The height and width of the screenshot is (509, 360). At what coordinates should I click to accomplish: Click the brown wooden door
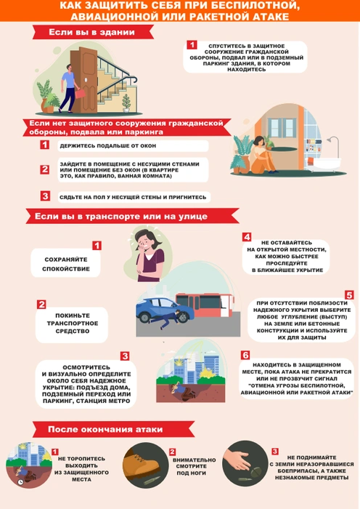click(x=84, y=79)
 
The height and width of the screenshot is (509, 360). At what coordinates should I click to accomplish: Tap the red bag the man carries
click(x=80, y=94)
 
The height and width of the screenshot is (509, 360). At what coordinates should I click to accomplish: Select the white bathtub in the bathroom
click(x=324, y=164)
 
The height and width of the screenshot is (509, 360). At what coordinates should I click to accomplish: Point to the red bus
click(x=205, y=305)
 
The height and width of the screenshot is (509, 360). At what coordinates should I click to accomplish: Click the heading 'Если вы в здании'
click(x=91, y=32)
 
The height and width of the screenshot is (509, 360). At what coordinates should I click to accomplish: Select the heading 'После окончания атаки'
click(x=105, y=429)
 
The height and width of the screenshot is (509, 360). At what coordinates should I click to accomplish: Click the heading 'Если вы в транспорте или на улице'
click(x=121, y=216)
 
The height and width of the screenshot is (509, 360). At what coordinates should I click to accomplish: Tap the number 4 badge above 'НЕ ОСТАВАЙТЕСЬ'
click(x=247, y=237)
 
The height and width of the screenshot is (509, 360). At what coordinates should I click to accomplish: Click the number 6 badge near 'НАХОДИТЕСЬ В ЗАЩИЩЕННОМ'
click(x=245, y=355)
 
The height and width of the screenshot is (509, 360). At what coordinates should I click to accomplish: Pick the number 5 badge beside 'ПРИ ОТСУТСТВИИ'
click(x=349, y=295)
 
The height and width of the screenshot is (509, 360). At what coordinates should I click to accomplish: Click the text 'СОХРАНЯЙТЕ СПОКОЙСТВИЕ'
click(x=66, y=264)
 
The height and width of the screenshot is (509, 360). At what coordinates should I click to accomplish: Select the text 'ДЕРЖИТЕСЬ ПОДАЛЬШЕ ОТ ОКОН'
click(x=108, y=145)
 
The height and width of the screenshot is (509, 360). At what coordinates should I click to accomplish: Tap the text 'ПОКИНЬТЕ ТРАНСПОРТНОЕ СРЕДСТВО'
click(x=73, y=323)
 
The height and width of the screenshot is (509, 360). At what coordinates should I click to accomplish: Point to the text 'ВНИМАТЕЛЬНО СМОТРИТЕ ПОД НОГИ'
click(x=194, y=467)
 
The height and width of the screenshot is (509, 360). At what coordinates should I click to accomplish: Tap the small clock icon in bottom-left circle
click(x=20, y=482)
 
